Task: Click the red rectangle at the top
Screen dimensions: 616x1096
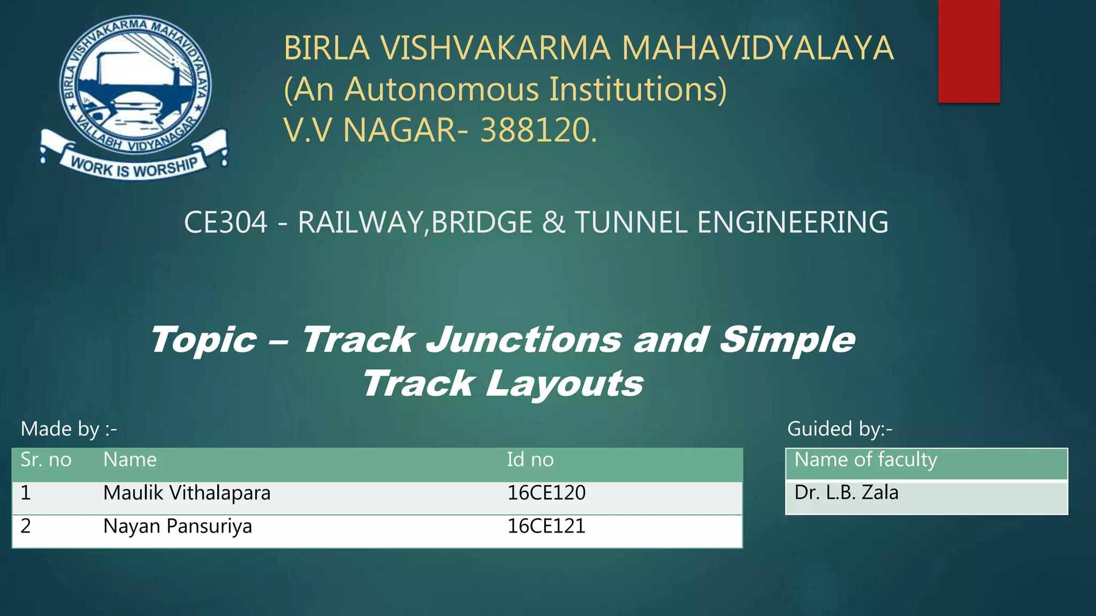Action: [969, 51]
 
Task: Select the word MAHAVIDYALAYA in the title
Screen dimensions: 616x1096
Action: [757, 48]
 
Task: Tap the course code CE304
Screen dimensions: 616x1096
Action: [225, 222]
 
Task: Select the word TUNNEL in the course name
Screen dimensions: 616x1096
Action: [630, 222]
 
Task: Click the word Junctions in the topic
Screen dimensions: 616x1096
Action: [523, 340]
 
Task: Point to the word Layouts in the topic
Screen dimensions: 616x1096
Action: [564, 384]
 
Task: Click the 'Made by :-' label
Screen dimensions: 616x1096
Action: [68, 429]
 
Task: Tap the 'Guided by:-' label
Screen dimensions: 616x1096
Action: [840, 429]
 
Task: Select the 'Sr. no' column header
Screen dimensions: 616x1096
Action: [46, 460]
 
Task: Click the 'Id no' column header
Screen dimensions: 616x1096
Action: [530, 460]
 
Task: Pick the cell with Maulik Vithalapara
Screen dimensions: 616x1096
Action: [187, 493]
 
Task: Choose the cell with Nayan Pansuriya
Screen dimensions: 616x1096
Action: [178, 526]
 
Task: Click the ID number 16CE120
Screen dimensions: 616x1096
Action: [546, 493]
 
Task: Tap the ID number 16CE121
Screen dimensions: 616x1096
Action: [546, 526]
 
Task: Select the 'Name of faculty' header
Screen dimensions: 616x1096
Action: [866, 460]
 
